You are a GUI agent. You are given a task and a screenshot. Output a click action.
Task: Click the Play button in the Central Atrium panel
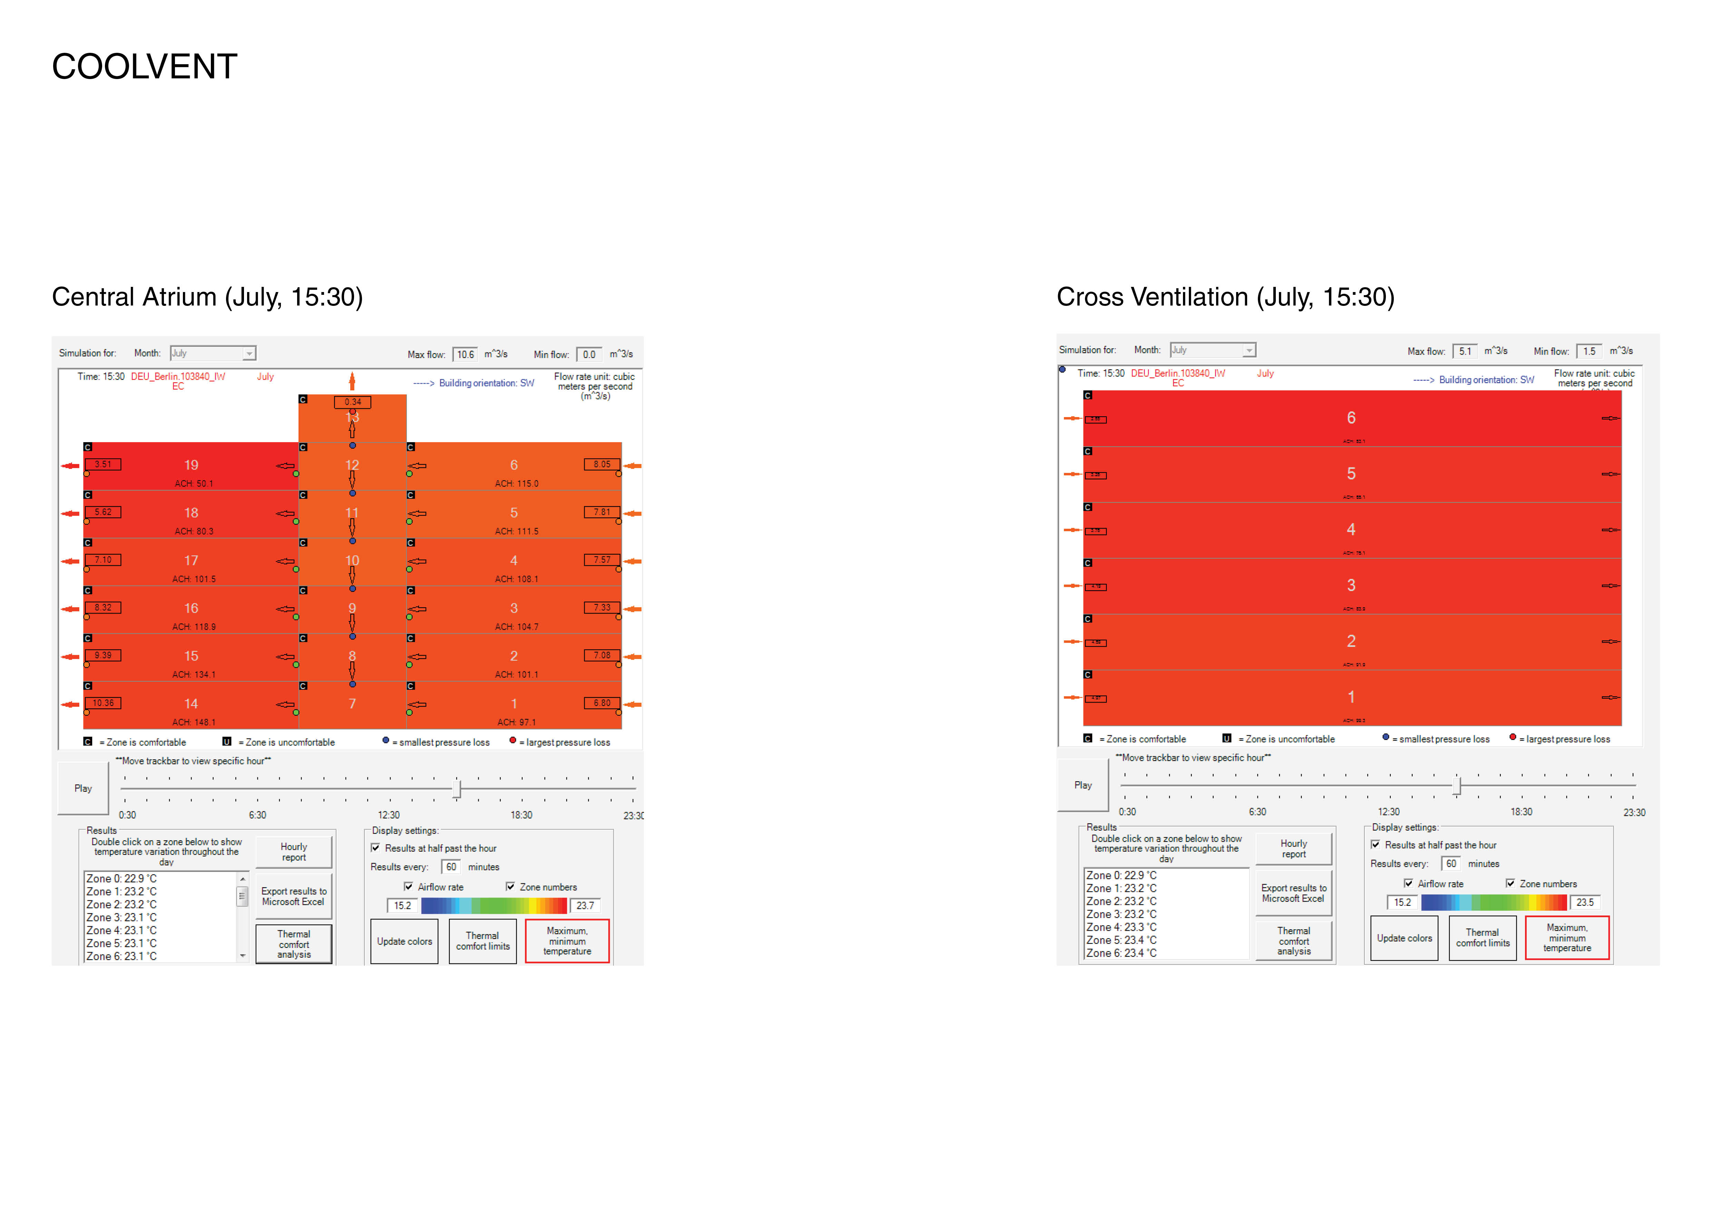pyautogui.click(x=83, y=788)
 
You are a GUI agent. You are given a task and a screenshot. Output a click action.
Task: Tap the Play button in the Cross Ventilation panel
pyautogui.click(x=1083, y=785)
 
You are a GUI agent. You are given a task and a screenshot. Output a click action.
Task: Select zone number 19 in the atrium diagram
pyautogui.click(x=192, y=465)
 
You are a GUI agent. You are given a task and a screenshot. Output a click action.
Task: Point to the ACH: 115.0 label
pyautogui.click(x=516, y=484)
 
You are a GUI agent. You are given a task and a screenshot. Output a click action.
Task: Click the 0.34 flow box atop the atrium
pyautogui.click(x=353, y=402)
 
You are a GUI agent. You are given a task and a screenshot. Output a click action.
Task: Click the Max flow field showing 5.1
pyautogui.click(x=1465, y=351)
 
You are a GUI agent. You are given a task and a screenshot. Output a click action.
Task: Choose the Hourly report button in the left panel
pyautogui.click(x=294, y=852)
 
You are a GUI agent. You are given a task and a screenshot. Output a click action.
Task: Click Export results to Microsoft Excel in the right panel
pyautogui.click(x=1294, y=893)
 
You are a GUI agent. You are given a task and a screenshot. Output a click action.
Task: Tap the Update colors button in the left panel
pyautogui.click(x=404, y=942)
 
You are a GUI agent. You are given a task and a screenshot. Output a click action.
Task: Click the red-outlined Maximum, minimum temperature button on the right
pyautogui.click(x=1567, y=938)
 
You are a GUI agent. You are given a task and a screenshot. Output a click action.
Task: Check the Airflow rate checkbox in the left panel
pyautogui.click(x=409, y=887)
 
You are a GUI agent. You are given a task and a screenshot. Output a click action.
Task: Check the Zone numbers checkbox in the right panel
pyautogui.click(x=1511, y=884)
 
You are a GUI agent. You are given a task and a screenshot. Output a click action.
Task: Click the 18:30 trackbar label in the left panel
pyautogui.click(x=521, y=815)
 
